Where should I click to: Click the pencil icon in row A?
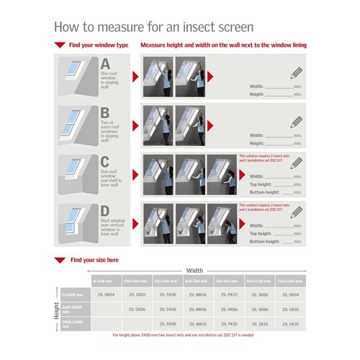click(x=296, y=73)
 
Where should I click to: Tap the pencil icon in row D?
click(x=296, y=213)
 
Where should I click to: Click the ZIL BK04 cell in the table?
click(x=105, y=294)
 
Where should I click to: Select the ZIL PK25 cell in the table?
click(x=229, y=294)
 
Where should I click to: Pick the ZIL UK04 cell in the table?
click(x=290, y=294)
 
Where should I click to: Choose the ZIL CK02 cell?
click(x=137, y=294)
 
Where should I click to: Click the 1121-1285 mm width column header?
click(x=290, y=280)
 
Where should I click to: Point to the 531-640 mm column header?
click(x=167, y=280)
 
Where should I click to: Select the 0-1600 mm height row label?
click(x=73, y=294)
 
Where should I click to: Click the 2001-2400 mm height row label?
click(x=73, y=324)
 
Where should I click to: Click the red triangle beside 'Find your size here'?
click(x=60, y=259)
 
